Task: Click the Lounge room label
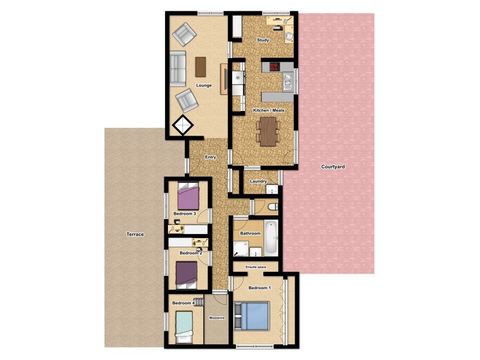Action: (x=203, y=85)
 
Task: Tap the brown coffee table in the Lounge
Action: (x=200, y=66)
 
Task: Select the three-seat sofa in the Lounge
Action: (x=178, y=69)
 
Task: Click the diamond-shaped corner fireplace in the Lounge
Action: (x=182, y=125)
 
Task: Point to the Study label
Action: (x=262, y=40)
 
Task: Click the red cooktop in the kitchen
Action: (x=274, y=67)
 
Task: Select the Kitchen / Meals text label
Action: (x=268, y=110)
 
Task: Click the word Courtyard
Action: (x=332, y=166)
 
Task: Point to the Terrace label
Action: (x=135, y=234)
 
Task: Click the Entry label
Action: (x=210, y=157)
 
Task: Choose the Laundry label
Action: (x=258, y=181)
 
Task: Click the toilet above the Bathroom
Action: (x=272, y=207)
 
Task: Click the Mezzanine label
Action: (x=217, y=317)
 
